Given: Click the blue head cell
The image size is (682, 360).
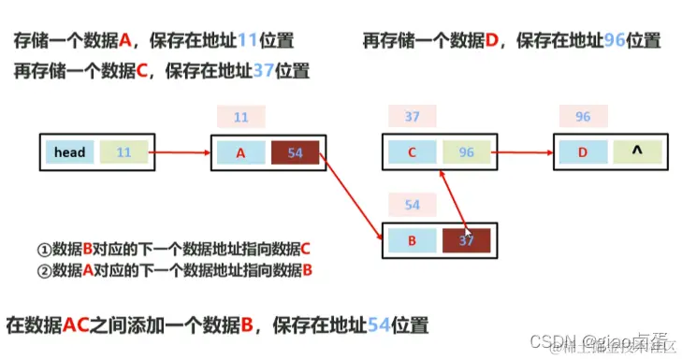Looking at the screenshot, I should (69, 152).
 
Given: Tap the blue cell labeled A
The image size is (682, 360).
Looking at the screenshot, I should (240, 152).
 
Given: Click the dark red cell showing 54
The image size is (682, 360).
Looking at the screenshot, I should (295, 152).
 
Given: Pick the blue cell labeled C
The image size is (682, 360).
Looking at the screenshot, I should (413, 152).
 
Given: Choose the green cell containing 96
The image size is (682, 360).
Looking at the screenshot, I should (467, 152).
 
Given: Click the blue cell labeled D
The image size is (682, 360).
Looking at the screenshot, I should (584, 152).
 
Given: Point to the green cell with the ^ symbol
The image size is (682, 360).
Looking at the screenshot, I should (637, 152).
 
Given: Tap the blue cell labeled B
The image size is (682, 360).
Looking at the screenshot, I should (413, 239).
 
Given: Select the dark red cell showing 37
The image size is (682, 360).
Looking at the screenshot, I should (467, 239).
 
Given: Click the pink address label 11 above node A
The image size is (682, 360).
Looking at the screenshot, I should (240, 118).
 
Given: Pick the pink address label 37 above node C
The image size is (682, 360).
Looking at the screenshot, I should (413, 118).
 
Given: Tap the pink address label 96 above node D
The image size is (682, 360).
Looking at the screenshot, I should (583, 118).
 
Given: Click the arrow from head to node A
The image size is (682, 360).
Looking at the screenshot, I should (177, 152).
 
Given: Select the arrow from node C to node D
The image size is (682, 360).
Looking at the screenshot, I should (524, 152).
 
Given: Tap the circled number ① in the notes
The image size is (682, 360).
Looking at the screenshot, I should (43, 250).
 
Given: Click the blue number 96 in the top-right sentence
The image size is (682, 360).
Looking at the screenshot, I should (613, 41).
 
